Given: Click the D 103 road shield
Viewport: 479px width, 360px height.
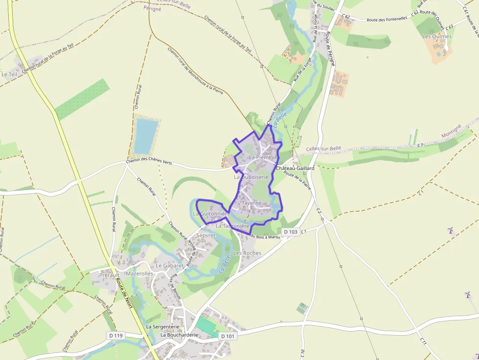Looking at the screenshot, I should pos(290,232).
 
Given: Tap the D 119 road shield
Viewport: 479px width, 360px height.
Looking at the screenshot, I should pos(116,336).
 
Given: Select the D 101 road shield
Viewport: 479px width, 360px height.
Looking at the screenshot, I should pos(227,336).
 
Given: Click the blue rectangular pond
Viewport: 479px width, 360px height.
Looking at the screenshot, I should pos(146,136).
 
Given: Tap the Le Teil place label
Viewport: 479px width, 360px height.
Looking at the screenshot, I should pos(9,74).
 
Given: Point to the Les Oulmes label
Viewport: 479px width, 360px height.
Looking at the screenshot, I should pos(437,36).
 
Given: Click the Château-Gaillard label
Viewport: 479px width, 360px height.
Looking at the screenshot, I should pos(295,168).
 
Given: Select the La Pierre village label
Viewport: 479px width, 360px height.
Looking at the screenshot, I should pos(260,157).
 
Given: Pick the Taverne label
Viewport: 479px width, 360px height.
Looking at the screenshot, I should pos(252,203).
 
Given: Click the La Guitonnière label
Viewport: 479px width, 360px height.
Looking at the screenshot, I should pos(211,213).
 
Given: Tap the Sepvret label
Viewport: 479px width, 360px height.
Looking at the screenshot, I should pos(205,235).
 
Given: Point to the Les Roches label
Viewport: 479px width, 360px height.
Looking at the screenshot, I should pos(247,253).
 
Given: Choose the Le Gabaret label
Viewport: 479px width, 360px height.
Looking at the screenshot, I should pos(169,265).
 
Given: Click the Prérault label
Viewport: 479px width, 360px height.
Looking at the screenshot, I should pos(109,275).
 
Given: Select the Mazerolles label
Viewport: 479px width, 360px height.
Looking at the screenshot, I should pos(139,274).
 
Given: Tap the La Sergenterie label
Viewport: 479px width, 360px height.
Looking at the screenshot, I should pos(163,326).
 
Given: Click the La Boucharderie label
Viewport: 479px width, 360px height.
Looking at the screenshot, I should pos(179,335).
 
